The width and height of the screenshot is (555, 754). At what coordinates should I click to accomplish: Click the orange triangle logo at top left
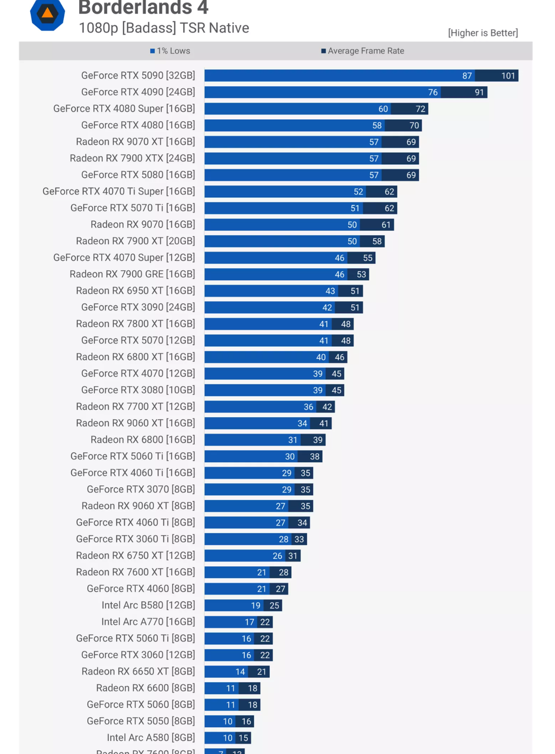coord(48,13)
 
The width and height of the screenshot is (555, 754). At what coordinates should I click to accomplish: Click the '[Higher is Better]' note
coord(483,33)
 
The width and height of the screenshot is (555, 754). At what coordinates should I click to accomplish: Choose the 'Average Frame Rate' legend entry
coord(363,51)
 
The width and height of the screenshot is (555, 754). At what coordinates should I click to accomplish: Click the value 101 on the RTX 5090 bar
coord(508,76)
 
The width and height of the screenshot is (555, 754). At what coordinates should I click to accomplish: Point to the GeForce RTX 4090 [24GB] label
coord(138,92)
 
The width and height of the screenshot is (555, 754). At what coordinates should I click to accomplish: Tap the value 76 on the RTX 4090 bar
coord(433,93)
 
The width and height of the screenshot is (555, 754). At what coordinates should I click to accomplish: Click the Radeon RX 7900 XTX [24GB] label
coord(132,158)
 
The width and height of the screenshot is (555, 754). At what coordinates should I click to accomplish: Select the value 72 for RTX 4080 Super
coord(421,109)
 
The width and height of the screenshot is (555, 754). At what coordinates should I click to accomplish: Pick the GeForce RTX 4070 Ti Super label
coord(118,192)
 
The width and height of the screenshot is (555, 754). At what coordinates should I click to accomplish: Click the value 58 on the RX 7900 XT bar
coord(377,241)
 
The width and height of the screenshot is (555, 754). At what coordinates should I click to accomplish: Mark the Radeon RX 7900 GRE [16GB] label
coord(132,274)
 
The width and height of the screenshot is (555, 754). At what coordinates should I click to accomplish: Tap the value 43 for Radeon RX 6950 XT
coord(330,291)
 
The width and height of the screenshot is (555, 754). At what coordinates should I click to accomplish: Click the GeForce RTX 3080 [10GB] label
coord(138,390)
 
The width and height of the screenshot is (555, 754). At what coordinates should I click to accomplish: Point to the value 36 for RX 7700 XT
coord(309,407)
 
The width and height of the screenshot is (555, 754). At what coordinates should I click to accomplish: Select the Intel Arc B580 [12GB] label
coord(148,605)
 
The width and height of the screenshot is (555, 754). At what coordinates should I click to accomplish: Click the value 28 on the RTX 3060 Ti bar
coord(284,539)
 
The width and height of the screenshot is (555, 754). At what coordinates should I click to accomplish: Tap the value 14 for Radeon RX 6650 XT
coord(240,672)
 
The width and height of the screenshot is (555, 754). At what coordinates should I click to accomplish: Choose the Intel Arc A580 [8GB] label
coord(151,738)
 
